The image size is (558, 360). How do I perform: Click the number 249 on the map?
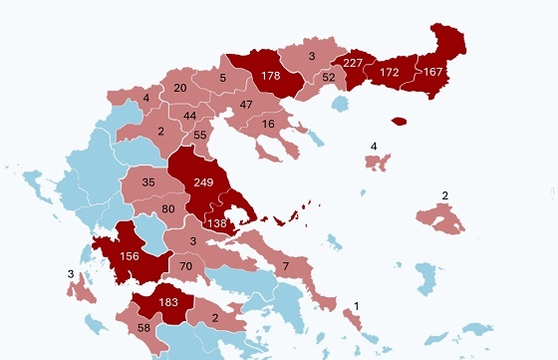click(x=205, y=182)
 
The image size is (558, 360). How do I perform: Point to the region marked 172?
click(x=389, y=74)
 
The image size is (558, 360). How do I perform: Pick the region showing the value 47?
click(x=246, y=105)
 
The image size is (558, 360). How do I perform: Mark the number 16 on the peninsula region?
click(x=268, y=124)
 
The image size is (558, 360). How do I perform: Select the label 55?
click(x=200, y=135)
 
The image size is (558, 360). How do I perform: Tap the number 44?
click(x=189, y=116)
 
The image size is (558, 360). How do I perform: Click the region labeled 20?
click(x=180, y=89)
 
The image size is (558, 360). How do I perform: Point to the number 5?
click(x=222, y=78)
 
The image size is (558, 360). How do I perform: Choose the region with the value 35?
click(x=148, y=182)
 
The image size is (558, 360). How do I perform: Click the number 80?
click(x=168, y=208)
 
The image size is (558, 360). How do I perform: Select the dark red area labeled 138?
click(x=217, y=224)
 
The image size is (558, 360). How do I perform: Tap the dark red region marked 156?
click(x=130, y=255)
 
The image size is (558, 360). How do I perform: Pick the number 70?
click(x=185, y=266)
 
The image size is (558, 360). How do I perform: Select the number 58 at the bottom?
click(x=142, y=328)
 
